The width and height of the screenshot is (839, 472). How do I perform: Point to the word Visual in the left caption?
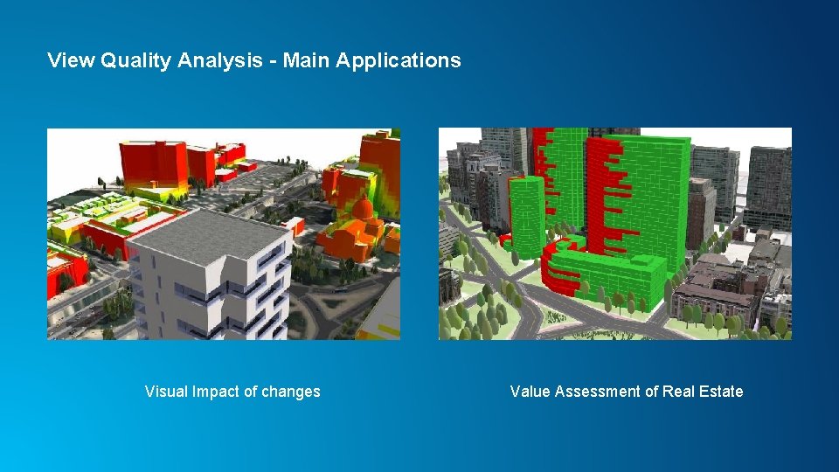click(x=166, y=392)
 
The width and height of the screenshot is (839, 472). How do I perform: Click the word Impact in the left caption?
click(x=215, y=392)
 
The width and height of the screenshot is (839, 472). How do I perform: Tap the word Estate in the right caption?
click(x=721, y=392)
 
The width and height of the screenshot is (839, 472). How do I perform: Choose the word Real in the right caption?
click(x=677, y=392)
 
